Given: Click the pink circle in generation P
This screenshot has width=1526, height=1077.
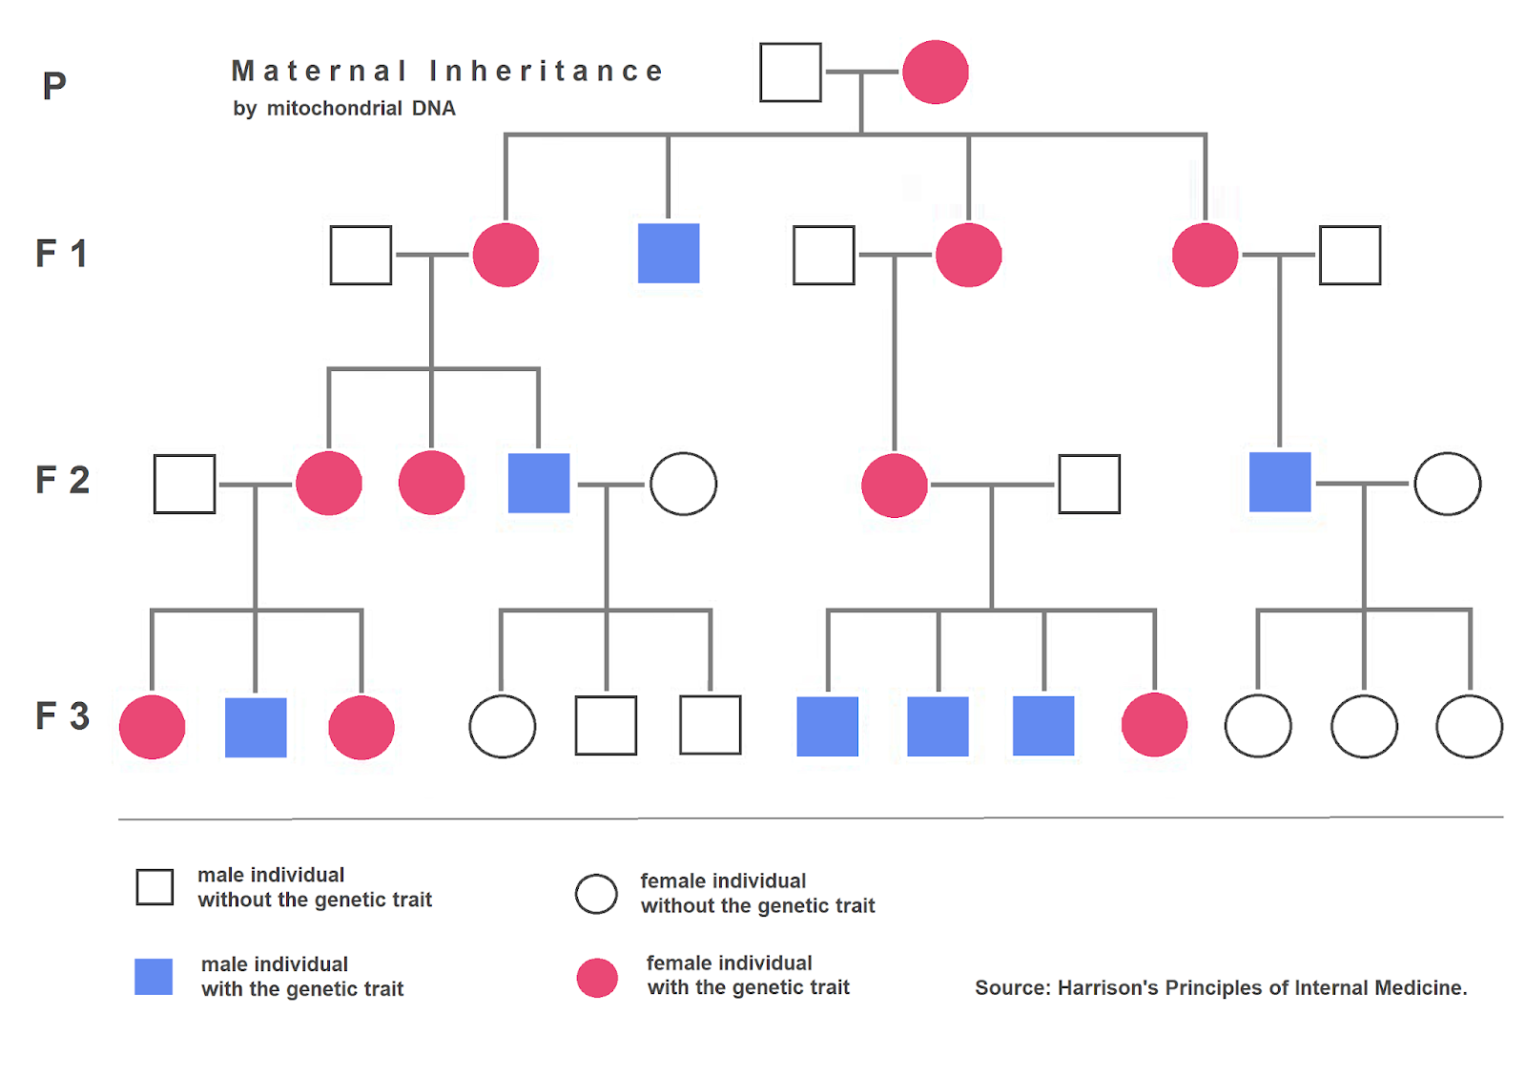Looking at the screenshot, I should (x=935, y=72).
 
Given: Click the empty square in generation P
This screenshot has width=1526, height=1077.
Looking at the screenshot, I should (x=790, y=72).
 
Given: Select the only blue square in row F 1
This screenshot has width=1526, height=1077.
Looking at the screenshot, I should (x=668, y=254).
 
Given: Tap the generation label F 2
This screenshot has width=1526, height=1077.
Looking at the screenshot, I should (x=62, y=480).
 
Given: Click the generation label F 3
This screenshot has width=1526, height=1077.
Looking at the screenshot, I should (x=62, y=716).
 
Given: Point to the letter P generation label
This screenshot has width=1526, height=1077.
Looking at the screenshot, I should (x=54, y=87).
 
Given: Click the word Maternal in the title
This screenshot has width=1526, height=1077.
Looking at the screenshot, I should (x=320, y=72).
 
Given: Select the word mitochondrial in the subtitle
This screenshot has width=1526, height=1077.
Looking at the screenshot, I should (x=334, y=109).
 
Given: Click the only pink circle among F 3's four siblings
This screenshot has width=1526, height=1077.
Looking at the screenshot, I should (x=1154, y=725).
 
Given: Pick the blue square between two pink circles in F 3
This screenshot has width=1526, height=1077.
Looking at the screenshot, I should (x=256, y=728).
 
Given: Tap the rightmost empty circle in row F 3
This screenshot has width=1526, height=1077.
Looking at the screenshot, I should (x=1469, y=727).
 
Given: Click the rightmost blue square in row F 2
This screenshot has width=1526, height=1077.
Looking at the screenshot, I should (x=1280, y=483).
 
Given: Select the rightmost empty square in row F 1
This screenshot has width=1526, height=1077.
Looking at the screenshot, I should (x=1350, y=256).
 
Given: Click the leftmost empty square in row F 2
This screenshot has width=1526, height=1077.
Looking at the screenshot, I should (x=184, y=485).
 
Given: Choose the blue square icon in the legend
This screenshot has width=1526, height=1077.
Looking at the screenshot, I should (x=154, y=977).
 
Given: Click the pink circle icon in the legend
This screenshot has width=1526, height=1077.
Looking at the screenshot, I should (x=597, y=978).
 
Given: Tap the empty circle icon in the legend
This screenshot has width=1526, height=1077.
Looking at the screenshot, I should (x=596, y=894).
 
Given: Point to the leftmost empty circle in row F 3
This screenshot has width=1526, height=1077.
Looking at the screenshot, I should (x=502, y=727).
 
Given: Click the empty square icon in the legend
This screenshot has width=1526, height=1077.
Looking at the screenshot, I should (x=155, y=887).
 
